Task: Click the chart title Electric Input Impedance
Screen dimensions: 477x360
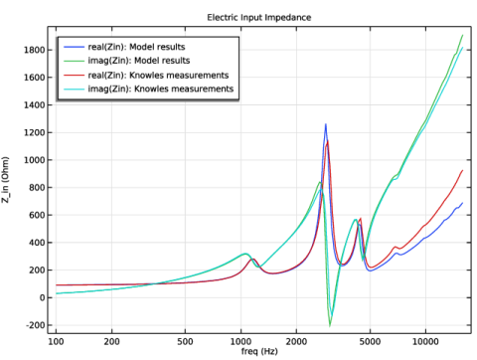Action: click(259, 17)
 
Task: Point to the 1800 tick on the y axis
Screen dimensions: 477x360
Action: click(34, 50)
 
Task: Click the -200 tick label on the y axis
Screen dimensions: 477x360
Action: click(36, 325)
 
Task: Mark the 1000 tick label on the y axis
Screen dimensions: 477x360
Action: click(34, 160)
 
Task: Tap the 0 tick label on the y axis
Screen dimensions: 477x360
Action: click(42, 298)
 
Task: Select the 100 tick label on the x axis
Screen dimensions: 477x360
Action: click(56, 341)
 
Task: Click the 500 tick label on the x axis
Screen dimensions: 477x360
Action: click(185, 341)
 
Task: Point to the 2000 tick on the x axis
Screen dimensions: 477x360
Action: click(296, 341)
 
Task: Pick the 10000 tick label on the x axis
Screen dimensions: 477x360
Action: click(425, 341)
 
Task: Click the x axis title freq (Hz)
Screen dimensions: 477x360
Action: click(259, 351)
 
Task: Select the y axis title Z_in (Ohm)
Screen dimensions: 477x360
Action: click(5, 180)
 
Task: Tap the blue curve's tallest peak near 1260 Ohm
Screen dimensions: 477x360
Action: click(326, 124)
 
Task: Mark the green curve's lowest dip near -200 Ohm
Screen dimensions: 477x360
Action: click(330, 326)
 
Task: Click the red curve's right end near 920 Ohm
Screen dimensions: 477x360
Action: click(463, 170)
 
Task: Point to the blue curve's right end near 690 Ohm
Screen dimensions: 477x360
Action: click(463, 203)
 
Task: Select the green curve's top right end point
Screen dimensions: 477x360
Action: click(463, 35)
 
